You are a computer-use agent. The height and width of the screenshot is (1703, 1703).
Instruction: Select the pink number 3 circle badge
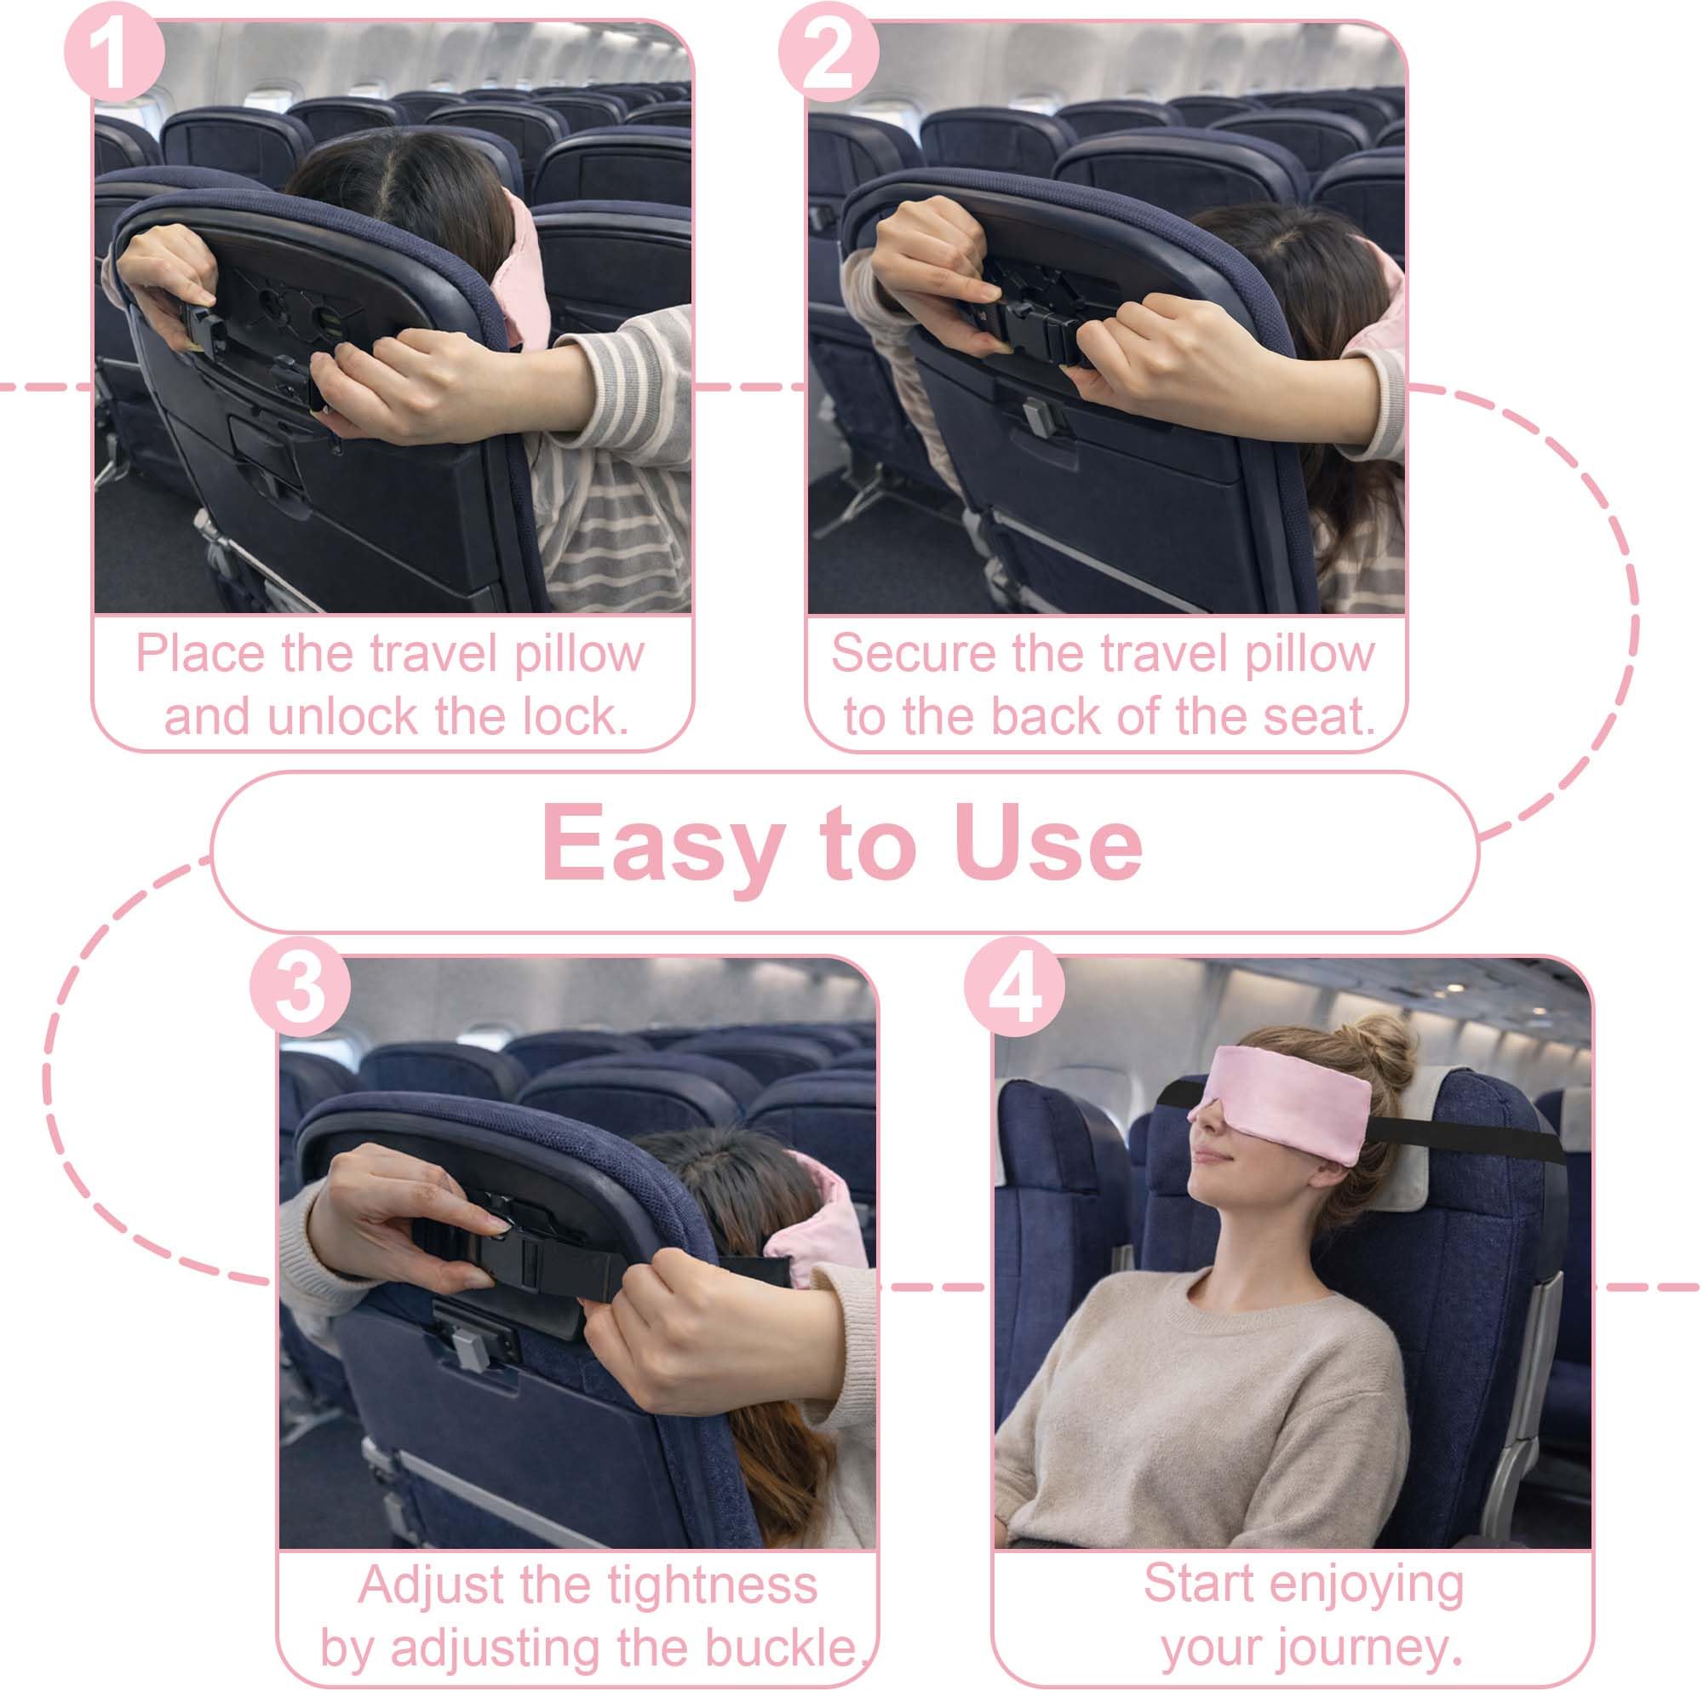[x=301, y=987]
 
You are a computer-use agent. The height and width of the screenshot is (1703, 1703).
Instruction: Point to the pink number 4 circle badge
[x=1015, y=987]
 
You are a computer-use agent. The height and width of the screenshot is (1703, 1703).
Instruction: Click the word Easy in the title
[x=662, y=845]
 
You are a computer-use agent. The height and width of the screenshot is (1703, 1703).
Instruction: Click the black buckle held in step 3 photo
[x=529, y=1261]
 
